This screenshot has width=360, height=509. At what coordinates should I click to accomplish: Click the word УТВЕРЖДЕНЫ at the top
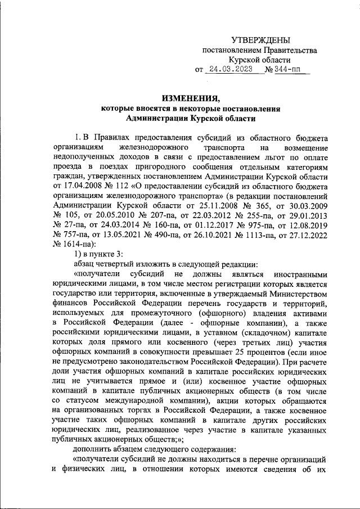pyautogui.click(x=261, y=40)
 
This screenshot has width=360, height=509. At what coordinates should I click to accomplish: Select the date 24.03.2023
pyautogui.click(x=229, y=70)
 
